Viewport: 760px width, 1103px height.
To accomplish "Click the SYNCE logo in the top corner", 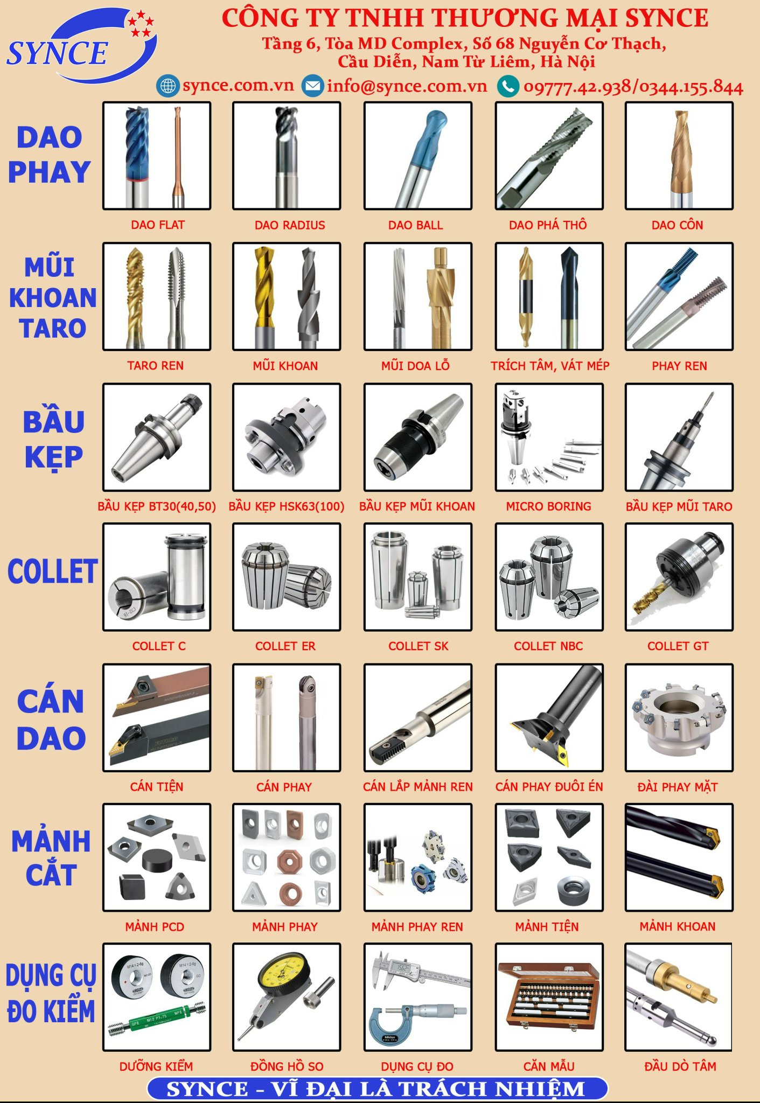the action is pyautogui.click(x=81, y=46).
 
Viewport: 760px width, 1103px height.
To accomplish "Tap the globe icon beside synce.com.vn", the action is pyautogui.click(x=168, y=86).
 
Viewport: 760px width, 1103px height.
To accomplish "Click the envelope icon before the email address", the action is pyautogui.click(x=312, y=86).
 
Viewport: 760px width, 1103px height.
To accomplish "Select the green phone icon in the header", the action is pyautogui.click(x=508, y=86).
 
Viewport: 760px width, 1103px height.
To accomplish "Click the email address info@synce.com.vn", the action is pyautogui.click(x=407, y=86).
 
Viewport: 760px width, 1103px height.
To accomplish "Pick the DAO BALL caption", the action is pyautogui.click(x=416, y=225).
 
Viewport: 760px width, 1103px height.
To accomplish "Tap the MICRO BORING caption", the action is pyautogui.click(x=548, y=506).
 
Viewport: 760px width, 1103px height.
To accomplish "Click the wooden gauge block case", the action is pyautogui.click(x=549, y=996).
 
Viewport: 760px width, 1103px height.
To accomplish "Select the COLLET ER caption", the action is pyautogui.click(x=285, y=646).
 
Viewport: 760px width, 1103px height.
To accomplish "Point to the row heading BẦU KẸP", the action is pyautogui.click(x=53, y=439).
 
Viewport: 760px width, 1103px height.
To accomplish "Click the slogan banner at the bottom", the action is pyautogui.click(x=377, y=1088).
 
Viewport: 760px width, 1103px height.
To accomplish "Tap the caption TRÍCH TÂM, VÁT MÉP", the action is pyautogui.click(x=550, y=366).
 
